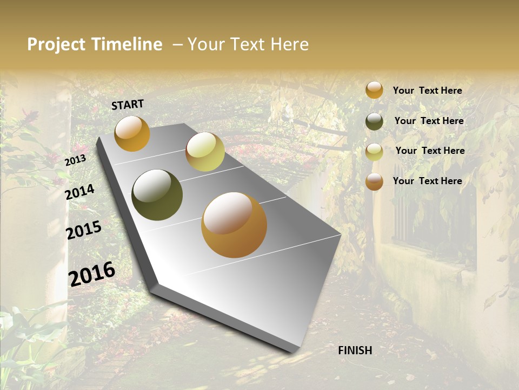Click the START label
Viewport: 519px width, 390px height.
pos(128,105)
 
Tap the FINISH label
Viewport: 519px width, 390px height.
pos(355,350)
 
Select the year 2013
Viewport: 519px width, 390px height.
pos(75,160)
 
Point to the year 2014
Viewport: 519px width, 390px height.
pos(80,192)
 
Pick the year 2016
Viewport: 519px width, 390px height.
pos(92,274)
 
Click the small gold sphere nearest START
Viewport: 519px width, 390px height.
pos(132,133)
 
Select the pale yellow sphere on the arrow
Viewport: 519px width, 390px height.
pos(205,152)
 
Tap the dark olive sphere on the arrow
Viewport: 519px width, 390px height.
pos(157,195)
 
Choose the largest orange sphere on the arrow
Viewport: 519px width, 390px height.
pos(234,225)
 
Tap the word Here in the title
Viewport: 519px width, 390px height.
pos(290,44)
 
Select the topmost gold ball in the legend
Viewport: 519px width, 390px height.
pos(374,90)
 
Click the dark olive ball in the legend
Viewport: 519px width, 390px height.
pos(374,121)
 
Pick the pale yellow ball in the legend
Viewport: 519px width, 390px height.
pos(374,152)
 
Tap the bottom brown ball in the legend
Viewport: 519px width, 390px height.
pos(374,181)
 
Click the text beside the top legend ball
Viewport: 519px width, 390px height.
pos(428,90)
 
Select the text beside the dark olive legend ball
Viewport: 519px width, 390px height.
pos(429,121)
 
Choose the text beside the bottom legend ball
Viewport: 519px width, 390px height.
pos(428,181)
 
